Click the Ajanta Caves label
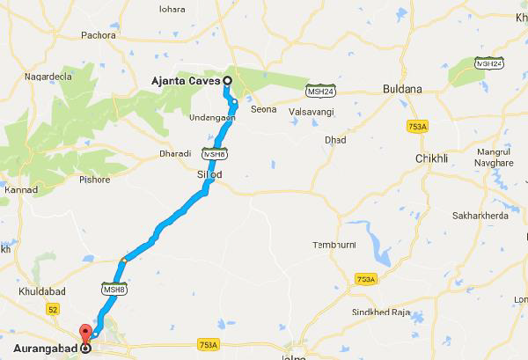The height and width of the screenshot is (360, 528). pyautogui.click(x=187, y=81)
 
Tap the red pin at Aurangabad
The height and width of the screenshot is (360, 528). pyautogui.click(x=85, y=335)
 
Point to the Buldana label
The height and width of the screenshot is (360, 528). pyautogui.click(x=404, y=90)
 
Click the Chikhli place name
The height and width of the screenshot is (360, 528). pyautogui.click(x=431, y=158)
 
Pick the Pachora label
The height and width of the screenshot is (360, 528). pyautogui.click(x=97, y=35)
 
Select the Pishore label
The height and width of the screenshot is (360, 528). pyautogui.click(x=94, y=180)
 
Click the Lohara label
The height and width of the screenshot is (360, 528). pyautogui.click(x=172, y=9)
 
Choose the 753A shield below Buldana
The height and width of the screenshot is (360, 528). pyautogui.click(x=418, y=127)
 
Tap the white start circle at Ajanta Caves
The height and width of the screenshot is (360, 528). pyautogui.click(x=227, y=81)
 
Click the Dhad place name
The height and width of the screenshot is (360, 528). pyautogui.click(x=335, y=140)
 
